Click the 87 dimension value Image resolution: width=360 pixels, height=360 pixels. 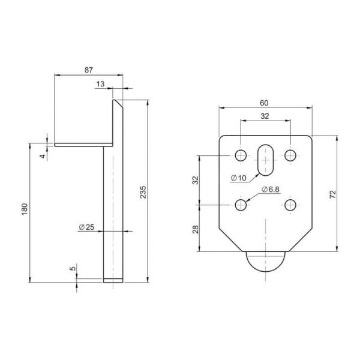[89, 70]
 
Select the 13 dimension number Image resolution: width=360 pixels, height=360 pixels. [100, 84]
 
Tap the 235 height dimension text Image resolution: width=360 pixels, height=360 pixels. [143, 192]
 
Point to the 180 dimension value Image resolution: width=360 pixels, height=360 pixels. [25, 209]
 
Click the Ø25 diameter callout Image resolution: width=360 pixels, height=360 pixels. [86, 227]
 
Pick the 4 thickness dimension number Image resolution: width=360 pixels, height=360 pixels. [43, 157]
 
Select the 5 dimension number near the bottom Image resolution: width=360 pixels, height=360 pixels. [73, 268]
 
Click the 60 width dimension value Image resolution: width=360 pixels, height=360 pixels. [264, 103]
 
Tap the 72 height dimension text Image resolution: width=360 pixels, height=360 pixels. [332, 194]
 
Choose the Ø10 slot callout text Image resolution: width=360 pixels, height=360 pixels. [239, 178]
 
